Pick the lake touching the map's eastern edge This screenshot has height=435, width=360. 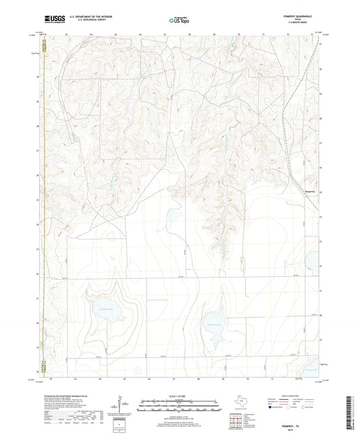pos(313,259)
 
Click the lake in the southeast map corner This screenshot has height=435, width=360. pos(312,370)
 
